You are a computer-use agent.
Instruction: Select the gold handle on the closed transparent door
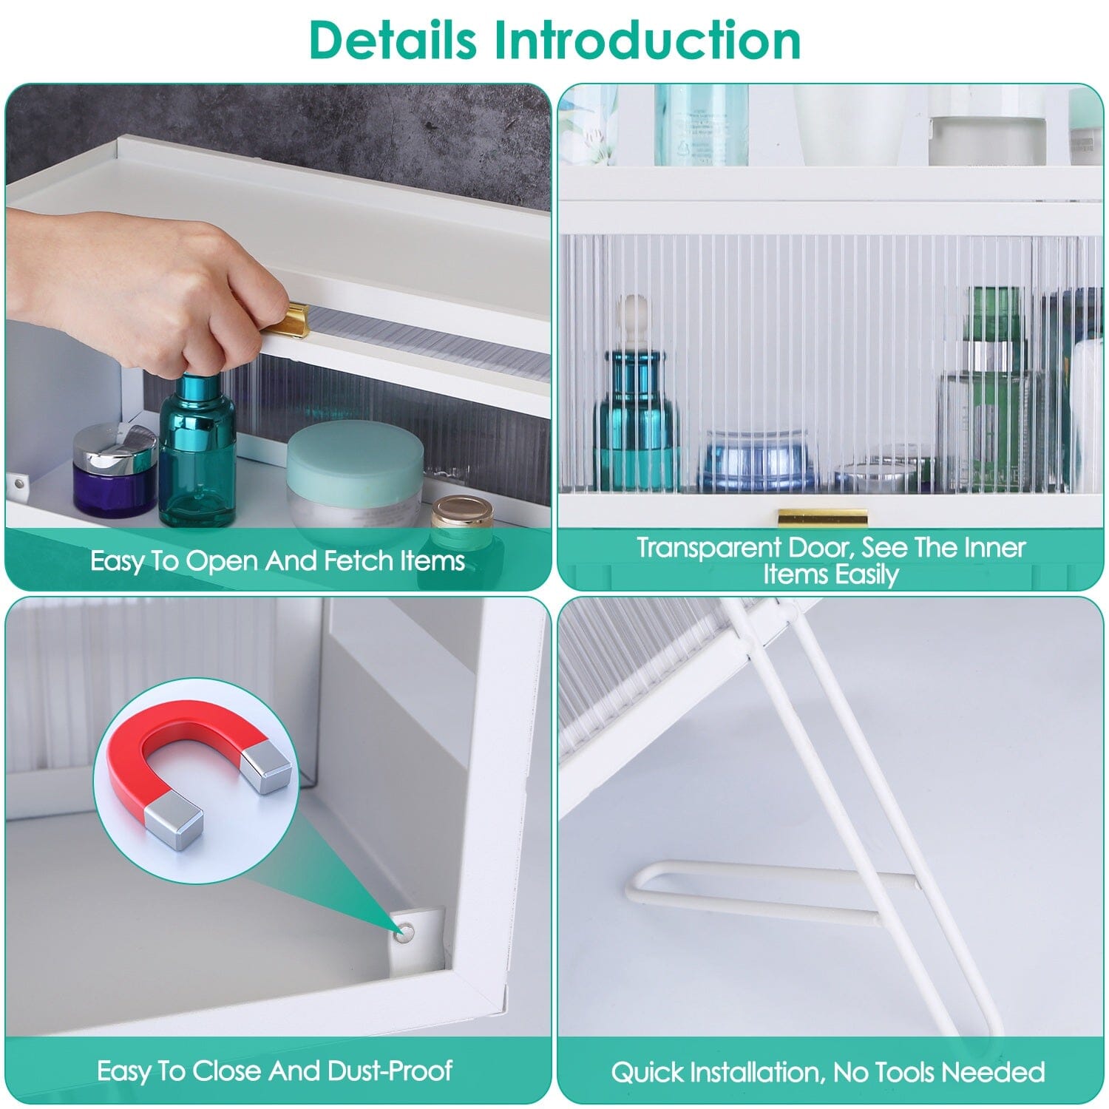(x=822, y=517)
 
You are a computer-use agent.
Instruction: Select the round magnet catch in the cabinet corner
(x=404, y=935)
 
